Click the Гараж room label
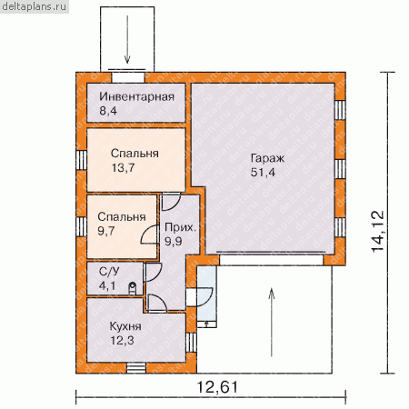[x=267, y=158]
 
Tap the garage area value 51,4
[x=263, y=172]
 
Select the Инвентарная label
[x=137, y=96]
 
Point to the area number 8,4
[x=108, y=111]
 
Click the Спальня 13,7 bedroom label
[x=135, y=154]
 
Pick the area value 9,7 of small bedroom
[x=106, y=231]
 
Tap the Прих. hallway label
[x=180, y=227]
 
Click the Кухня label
[x=125, y=326]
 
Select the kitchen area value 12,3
[x=122, y=341]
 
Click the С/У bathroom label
[x=109, y=272]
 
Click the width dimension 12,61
[x=217, y=387]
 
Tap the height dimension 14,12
[x=378, y=231]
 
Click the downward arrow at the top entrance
[x=127, y=39]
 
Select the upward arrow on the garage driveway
[x=272, y=322]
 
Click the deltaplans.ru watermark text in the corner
[x=34, y=6]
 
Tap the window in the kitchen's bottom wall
[x=136, y=368]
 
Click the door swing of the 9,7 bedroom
[x=149, y=234]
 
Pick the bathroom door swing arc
[x=153, y=273]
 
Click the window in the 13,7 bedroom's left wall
[x=81, y=160]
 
